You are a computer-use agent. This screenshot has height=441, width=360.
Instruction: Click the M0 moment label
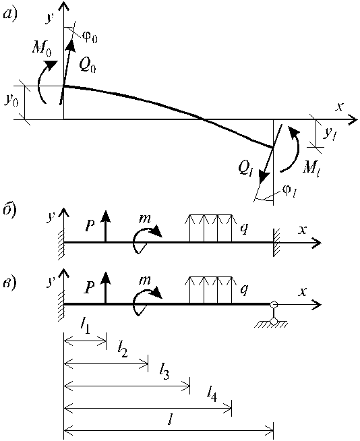42,49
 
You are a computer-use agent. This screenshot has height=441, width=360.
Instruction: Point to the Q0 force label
88,66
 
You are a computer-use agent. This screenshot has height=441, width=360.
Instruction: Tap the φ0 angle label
90,36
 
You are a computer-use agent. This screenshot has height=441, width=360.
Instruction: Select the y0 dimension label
11,100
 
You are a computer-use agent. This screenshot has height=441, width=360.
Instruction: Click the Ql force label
245,169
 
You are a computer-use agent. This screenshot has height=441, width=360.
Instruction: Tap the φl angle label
290,192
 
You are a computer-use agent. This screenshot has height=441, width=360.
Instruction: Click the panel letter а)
10,13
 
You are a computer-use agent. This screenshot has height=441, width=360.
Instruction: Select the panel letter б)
10,210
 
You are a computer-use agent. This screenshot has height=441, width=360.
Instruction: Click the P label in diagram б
90,225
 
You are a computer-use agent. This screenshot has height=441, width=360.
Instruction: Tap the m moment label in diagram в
145,280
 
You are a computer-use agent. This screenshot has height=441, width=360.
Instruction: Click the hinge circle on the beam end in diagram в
273,304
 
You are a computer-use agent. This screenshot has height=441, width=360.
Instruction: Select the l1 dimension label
85,327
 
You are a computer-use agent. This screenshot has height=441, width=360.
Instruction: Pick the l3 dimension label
164,374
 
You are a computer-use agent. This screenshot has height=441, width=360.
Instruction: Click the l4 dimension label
212,394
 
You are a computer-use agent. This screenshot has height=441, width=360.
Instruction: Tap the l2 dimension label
123,351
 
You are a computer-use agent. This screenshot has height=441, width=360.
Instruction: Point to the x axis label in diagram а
340,107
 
